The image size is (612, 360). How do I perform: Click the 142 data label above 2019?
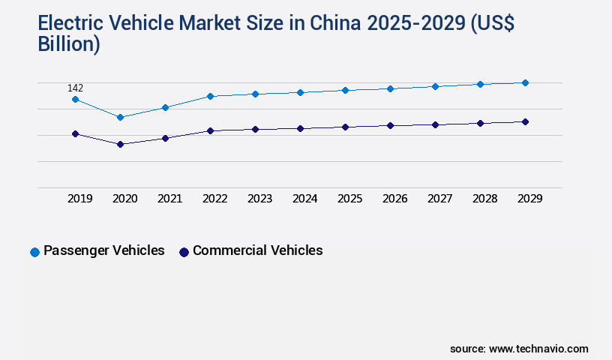coord(75,88)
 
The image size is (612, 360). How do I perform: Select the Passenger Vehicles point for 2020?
coord(120,117)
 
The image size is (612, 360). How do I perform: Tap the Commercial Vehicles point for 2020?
coord(120,144)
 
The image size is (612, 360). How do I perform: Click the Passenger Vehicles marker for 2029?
coord(525,82)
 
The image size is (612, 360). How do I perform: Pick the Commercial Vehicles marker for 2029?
coord(525,121)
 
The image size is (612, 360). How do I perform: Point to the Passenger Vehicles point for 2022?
coord(210,96)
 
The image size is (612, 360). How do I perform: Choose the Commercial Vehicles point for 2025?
coord(345,127)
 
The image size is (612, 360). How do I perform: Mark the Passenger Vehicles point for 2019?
coord(75,99)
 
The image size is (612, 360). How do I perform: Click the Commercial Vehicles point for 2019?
coord(75,133)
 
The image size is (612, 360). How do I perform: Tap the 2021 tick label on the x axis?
coord(169,199)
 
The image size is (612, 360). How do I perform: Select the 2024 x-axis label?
coord(304,199)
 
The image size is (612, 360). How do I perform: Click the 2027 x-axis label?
coord(439,199)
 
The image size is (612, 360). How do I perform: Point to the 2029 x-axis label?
coord(529,199)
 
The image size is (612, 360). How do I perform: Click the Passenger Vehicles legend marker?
coord(34,252)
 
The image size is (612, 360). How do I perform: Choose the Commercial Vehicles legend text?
coord(257,250)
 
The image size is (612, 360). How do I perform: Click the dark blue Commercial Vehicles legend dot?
coord(184,252)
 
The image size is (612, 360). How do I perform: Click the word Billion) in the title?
coord(69,43)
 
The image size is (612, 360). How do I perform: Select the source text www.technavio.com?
coord(538,349)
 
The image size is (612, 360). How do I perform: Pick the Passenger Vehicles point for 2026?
coord(390,88)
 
